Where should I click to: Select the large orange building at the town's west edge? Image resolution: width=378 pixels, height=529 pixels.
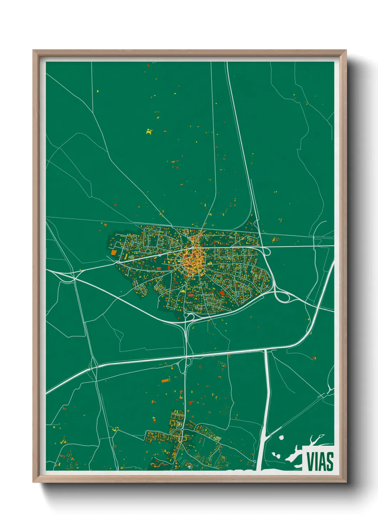point(114,252)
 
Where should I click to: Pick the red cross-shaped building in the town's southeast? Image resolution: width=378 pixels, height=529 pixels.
point(222,293)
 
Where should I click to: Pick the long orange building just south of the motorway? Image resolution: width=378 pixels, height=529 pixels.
point(165,380)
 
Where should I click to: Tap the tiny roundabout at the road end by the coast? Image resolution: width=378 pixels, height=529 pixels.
point(254,461)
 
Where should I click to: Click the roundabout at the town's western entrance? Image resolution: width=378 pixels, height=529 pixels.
point(118,262)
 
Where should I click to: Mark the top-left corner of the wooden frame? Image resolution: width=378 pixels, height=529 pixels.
point(33,50)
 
